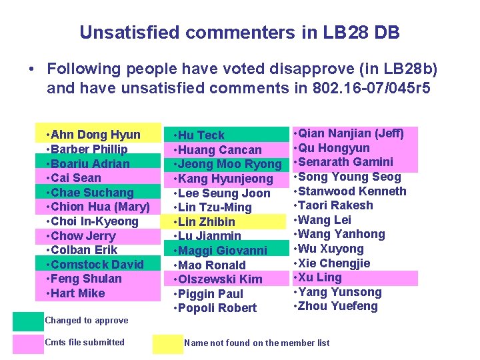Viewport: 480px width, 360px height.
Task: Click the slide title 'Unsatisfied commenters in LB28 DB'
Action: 239,31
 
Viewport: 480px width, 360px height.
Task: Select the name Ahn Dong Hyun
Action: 93,135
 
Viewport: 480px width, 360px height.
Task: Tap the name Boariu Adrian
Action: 88,163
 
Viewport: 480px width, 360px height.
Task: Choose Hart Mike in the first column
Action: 77,293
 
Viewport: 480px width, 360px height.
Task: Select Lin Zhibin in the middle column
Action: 207,221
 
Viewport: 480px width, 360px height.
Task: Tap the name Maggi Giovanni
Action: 223,251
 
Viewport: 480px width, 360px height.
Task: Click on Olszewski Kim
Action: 221,279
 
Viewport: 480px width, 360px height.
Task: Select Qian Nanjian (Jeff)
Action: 351,133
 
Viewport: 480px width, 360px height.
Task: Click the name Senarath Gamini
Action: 347,162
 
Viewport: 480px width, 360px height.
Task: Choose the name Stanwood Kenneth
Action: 353,191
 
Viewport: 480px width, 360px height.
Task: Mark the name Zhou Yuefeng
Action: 338,307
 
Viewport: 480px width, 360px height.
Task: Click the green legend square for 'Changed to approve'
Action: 27,321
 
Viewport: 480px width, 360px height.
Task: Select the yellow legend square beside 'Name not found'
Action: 167,343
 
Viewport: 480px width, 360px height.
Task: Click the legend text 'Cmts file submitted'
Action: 85,343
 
